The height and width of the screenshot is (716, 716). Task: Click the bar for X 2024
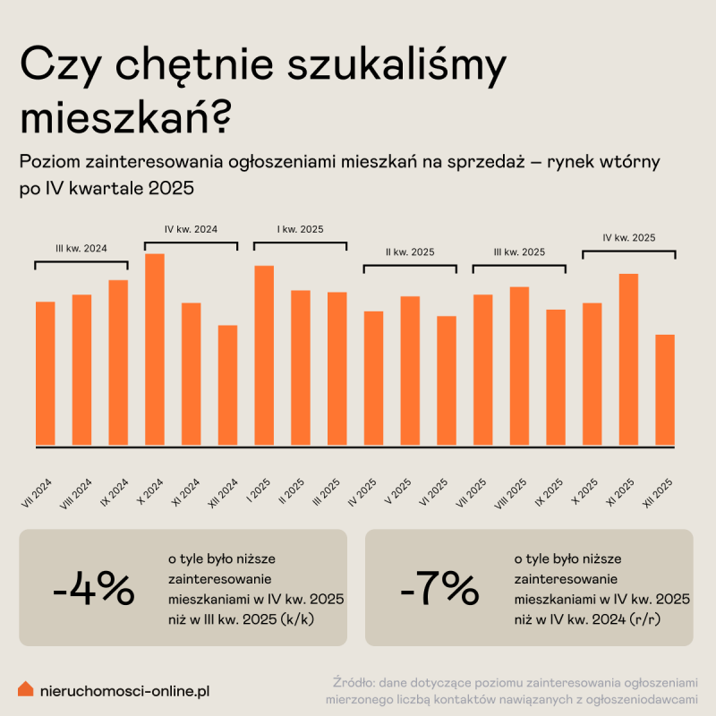click(155, 349)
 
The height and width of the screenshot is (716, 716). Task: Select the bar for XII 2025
click(664, 389)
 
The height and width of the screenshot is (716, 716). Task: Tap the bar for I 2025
click(264, 355)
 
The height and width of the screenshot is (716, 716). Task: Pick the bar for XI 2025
click(628, 359)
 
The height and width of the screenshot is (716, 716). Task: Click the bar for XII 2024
click(227, 385)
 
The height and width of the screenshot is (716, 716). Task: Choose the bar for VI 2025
click(447, 380)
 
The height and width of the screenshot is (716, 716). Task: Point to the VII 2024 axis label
click(37, 492)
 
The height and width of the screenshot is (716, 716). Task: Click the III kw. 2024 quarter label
click(81, 249)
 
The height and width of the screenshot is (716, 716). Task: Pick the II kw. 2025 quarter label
click(409, 252)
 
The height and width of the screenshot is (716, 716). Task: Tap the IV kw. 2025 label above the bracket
click(628, 238)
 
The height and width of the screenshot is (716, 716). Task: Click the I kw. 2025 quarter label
click(300, 229)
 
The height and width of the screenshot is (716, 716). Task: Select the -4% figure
click(93, 588)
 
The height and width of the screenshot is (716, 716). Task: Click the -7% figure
click(439, 588)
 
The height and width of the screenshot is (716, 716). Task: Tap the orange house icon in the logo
click(26, 689)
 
